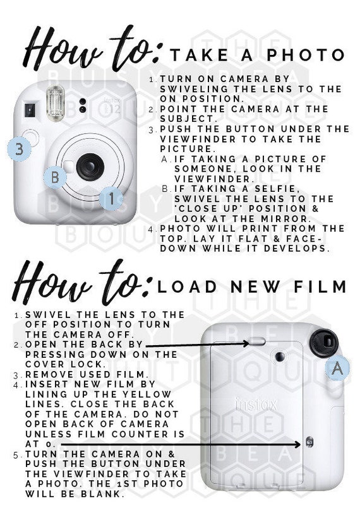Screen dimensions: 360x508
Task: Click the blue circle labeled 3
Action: pyautogui.click(x=20, y=150)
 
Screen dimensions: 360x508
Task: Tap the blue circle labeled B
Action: pyautogui.click(x=55, y=177)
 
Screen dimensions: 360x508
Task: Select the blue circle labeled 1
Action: pyautogui.click(x=111, y=198)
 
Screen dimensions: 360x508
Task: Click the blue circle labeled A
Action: pyautogui.click(x=338, y=368)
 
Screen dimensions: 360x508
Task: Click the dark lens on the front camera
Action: pyautogui.click(x=90, y=167)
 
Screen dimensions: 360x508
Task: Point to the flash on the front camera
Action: pyautogui.click(x=56, y=103)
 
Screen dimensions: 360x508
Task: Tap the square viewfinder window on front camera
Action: pyautogui.click(x=30, y=110)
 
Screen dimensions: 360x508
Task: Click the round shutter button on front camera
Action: pyautogui.click(x=31, y=138)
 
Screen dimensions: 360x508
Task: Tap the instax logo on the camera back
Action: pyautogui.click(x=256, y=405)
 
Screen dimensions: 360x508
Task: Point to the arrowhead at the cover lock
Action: pyautogui.click(x=246, y=343)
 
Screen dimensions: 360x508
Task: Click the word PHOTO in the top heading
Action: pyautogui.click(x=306, y=55)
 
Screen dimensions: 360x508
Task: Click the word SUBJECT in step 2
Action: pyautogui.click(x=186, y=119)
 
